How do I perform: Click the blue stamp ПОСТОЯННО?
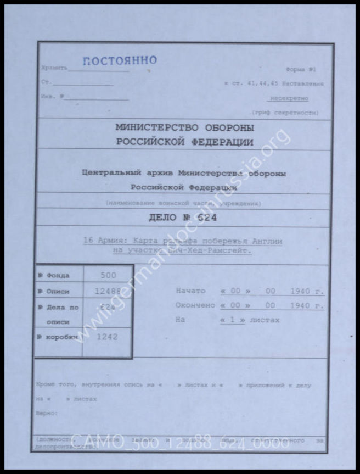pyautogui.click(x=120, y=60)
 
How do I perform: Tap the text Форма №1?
pyautogui.click(x=301, y=70)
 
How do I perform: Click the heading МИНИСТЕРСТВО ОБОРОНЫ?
pyautogui.click(x=184, y=127)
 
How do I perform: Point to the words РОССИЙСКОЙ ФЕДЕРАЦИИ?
pyautogui.click(x=184, y=142)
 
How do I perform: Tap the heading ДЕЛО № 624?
pyautogui.click(x=183, y=218)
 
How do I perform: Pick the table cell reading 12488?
pyautogui.click(x=108, y=292)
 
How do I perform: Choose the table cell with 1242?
pyautogui.click(x=107, y=337)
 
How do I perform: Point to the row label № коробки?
pyautogui.click(x=57, y=337)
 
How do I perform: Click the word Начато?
pyautogui.click(x=190, y=291)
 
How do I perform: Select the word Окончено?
pyautogui.click(x=195, y=305)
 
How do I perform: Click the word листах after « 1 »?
pyautogui.click(x=265, y=320)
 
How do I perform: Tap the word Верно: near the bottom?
pyautogui.click(x=46, y=412)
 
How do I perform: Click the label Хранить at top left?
pyautogui.click(x=54, y=68)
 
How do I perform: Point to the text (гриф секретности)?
pyautogui.click(x=284, y=112)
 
